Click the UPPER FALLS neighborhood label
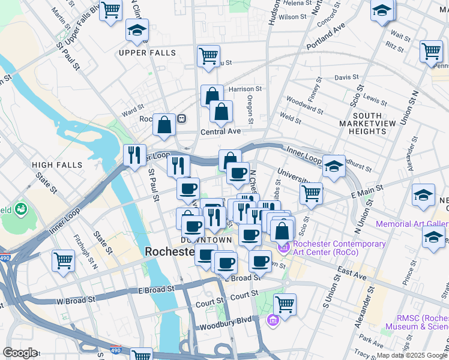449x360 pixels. [x=147, y=53]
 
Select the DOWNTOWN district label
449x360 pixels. [x=206, y=240]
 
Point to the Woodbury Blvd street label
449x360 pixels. [x=221, y=328]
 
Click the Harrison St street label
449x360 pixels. [x=246, y=89]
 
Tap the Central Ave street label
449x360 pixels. [x=221, y=132]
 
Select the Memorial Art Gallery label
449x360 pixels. [x=412, y=224]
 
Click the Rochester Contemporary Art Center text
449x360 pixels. [x=336, y=248]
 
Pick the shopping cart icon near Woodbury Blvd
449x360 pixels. [x=285, y=304]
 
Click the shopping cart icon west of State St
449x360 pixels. [x=63, y=261]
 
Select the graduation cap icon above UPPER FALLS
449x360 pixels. [x=137, y=30]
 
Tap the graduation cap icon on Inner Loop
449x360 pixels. [x=334, y=167]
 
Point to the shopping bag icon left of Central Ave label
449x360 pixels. [x=164, y=124]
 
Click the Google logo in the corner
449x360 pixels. [x=20, y=353]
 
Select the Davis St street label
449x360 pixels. [x=346, y=77]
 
